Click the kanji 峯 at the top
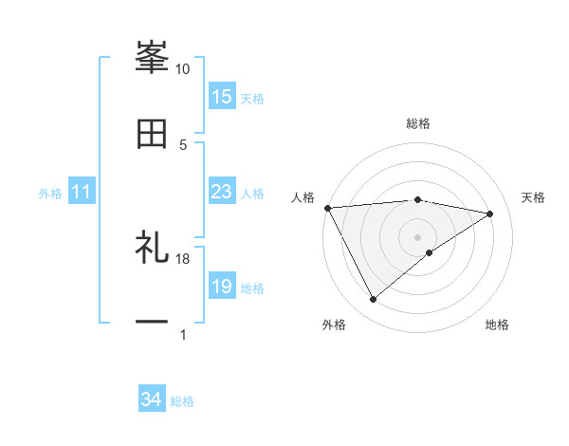(x=152, y=56)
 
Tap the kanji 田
(x=152, y=134)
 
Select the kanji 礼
(x=152, y=250)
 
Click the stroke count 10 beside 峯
(x=183, y=69)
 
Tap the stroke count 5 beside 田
(x=183, y=144)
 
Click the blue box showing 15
(x=222, y=97)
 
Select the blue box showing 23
(x=222, y=192)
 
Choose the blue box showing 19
(x=222, y=287)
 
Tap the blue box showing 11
(x=82, y=192)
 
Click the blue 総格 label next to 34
(x=183, y=401)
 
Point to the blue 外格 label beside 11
(x=50, y=194)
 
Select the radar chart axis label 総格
(x=418, y=123)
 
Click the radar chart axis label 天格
(x=534, y=197)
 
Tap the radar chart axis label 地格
(x=497, y=325)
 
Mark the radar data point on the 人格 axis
(x=327, y=208)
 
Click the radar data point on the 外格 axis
(x=373, y=300)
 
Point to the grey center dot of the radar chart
(x=418, y=236)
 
